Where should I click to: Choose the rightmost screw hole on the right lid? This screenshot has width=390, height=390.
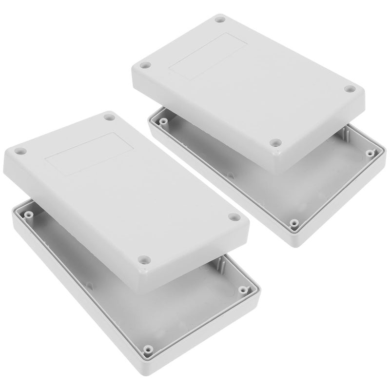(350, 89)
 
